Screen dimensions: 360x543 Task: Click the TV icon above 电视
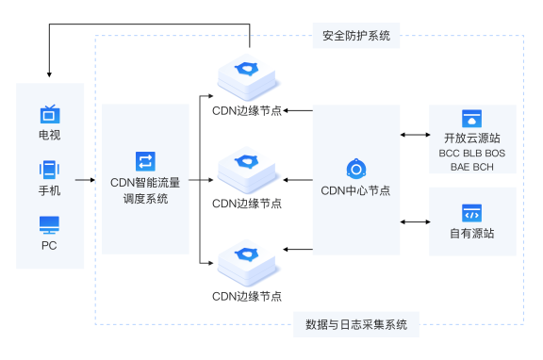point(49,115)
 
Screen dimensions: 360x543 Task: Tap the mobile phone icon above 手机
point(49,171)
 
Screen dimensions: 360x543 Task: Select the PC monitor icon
point(49,225)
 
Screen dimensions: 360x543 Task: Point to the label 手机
point(49,191)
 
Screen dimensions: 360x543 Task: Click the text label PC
point(49,246)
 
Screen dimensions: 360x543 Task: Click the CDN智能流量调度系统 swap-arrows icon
point(145,161)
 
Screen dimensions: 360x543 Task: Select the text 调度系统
point(145,198)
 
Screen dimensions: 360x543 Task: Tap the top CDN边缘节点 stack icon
point(248,75)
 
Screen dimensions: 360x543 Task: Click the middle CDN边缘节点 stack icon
point(248,169)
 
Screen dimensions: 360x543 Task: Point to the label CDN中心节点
point(356,190)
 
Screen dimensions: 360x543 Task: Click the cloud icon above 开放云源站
point(471,119)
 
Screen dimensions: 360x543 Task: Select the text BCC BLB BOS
point(471,153)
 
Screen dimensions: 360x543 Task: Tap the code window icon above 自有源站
point(471,213)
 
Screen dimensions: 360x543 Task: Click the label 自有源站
point(471,234)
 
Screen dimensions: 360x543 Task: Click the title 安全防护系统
point(354,37)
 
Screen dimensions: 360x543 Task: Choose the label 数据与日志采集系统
point(356,324)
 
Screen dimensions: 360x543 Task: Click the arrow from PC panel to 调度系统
point(92,179)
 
